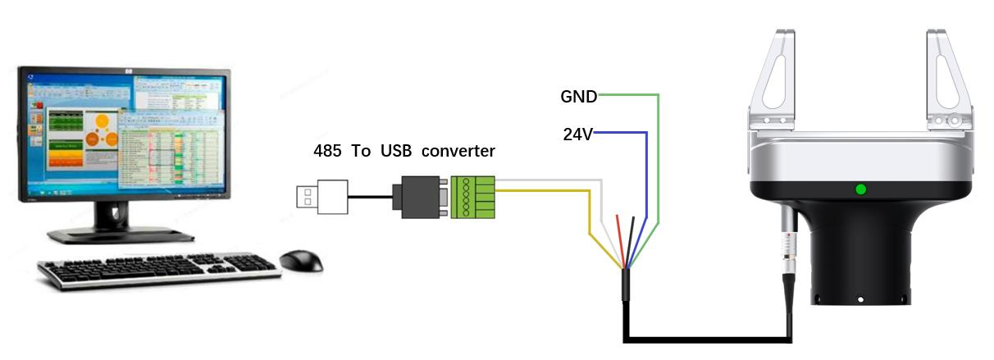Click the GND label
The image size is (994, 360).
(579, 96)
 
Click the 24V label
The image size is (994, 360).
(578, 134)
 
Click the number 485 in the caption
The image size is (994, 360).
(328, 151)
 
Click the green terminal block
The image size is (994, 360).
(473, 197)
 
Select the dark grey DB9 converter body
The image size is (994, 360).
(422, 197)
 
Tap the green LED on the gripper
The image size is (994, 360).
(860, 189)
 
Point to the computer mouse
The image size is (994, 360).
(301, 261)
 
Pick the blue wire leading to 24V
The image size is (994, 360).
(646, 180)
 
